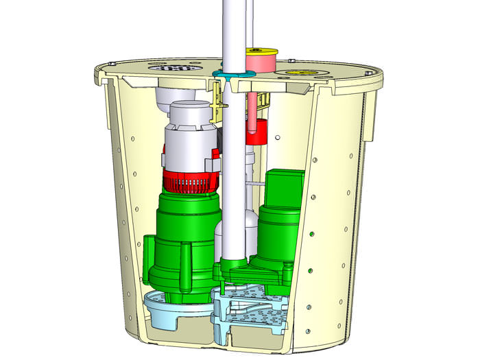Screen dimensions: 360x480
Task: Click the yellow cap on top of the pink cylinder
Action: (x=262, y=51)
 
